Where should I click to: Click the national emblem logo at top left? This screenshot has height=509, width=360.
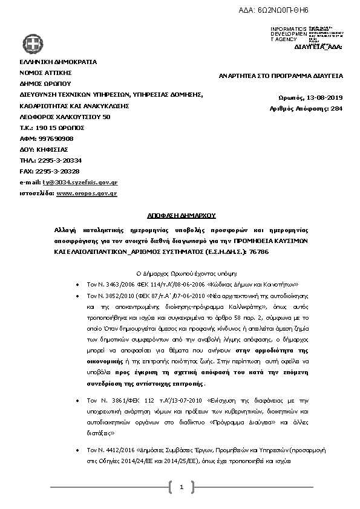[x=33, y=43]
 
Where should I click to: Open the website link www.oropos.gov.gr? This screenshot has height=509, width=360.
[x=87, y=193]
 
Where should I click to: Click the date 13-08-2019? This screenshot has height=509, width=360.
[x=323, y=97]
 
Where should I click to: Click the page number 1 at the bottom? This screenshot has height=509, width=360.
[x=181, y=486]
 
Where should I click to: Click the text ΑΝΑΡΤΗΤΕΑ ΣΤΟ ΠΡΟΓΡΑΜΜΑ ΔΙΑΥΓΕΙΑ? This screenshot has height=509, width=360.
[x=281, y=76]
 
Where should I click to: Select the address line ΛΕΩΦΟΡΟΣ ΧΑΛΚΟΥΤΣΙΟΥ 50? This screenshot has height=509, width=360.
[x=65, y=116]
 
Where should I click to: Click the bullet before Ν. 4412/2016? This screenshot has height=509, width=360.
[x=76, y=451]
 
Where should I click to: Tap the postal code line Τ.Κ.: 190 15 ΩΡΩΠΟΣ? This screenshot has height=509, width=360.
[x=52, y=128]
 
